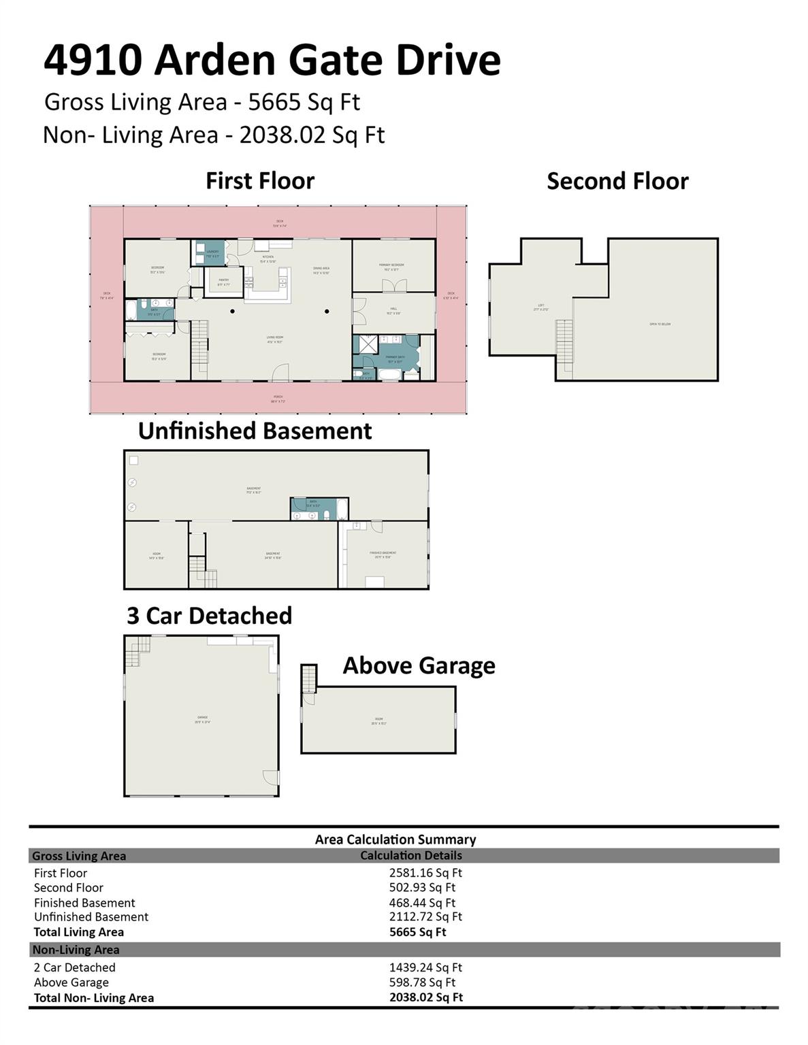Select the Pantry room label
[223, 282]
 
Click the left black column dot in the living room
[233, 312]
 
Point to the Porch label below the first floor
[278, 397]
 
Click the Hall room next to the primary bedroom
[393, 311]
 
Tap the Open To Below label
[660, 325]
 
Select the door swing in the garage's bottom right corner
[271, 777]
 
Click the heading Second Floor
[617, 181]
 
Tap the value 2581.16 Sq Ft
[425, 873]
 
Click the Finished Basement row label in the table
[84, 903]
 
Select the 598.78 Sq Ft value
[422, 982]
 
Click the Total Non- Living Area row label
[94, 998]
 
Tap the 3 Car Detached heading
[209, 616]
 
